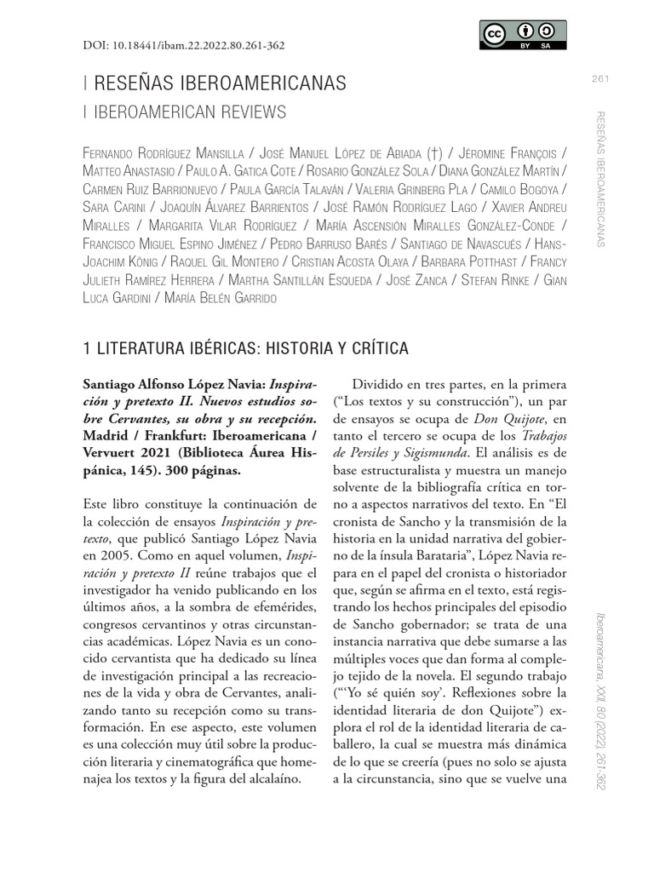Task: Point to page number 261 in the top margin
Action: point(600,80)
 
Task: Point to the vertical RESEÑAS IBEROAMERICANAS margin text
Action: point(600,179)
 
